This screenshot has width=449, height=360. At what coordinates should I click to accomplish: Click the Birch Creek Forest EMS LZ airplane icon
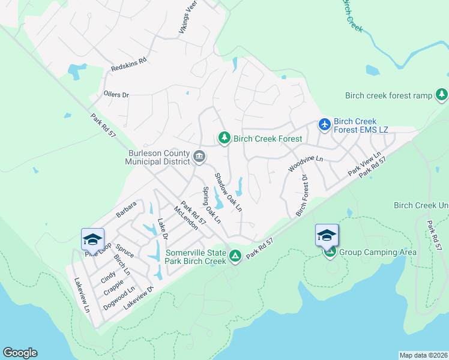point(325,124)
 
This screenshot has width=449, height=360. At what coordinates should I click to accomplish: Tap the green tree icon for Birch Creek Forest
point(224,139)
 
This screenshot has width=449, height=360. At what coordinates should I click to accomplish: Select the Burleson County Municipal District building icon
point(199,157)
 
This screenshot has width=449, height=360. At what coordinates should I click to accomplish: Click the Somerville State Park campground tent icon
point(236,257)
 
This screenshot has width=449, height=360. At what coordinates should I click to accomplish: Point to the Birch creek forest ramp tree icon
point(442,95)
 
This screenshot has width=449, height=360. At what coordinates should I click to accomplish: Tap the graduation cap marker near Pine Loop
point(92,239)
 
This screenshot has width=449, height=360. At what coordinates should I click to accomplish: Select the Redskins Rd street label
point(129,65)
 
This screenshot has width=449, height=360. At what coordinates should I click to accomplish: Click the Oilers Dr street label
point(116,95)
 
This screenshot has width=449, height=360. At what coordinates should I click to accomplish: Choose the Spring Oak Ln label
point(211,205)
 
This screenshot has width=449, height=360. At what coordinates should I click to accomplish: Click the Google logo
point(20,353)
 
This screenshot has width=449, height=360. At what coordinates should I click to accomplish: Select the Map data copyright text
point(423,355)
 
